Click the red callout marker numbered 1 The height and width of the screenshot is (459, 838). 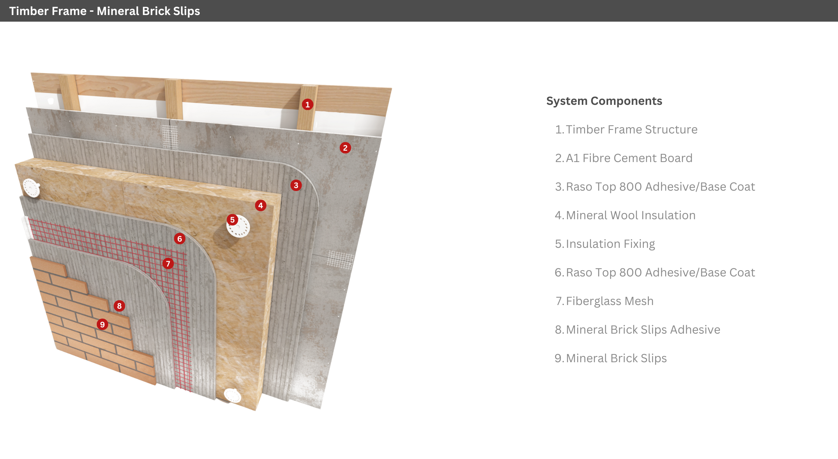tap(308, 104)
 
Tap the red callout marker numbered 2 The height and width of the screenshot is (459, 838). tap(345, 148)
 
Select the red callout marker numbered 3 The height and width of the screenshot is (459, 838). tap(296, 185)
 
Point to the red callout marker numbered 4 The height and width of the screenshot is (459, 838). tap(260, 205)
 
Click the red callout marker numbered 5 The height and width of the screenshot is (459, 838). tap(232, 220)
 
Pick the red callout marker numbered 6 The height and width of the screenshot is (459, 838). tap(179, 239)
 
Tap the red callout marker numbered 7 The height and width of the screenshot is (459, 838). tap(168, 263)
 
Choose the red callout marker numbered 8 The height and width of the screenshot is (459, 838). tap(119, 306)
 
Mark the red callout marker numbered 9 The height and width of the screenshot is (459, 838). tap(102, 324)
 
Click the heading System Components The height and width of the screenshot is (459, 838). tap(604, 101)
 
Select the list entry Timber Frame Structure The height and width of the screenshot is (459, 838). tap(631, 129)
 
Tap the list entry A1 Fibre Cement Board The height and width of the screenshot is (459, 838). tap(629, 158)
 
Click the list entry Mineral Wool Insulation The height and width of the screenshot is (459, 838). tap(631, 215)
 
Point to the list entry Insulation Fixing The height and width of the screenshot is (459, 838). tap(610, 244)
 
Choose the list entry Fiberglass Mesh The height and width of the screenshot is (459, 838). tap(610, 301)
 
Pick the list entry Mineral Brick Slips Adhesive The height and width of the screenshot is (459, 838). tap(643, 330)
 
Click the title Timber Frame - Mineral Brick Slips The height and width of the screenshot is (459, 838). tap(104, 11)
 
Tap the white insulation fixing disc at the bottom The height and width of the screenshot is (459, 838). tap(232, 396)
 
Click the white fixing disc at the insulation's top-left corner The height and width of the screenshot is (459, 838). tap(32, 188)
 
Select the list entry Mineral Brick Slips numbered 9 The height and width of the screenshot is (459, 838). tap(616, 358)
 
